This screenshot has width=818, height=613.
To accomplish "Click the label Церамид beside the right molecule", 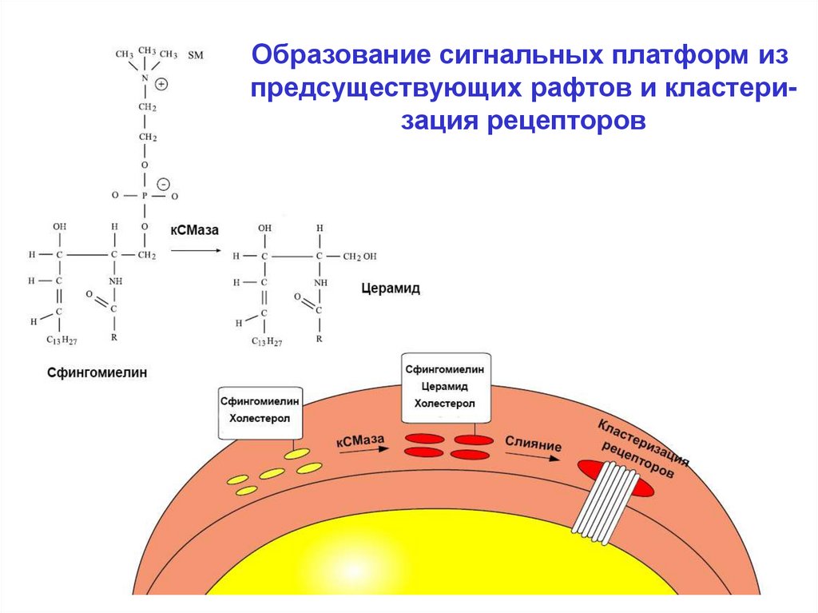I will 390,289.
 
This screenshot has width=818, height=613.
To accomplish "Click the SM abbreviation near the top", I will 195,55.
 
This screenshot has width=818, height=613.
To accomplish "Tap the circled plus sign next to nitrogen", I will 161,83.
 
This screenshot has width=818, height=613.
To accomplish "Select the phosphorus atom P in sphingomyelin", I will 145,195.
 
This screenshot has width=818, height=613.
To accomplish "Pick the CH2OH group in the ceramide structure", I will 359,257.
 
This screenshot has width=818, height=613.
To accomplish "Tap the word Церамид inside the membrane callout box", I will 445,387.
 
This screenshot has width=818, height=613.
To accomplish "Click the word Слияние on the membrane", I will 533,444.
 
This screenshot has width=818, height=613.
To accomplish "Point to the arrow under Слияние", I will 530,458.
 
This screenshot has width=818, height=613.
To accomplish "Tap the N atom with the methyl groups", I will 145,78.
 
